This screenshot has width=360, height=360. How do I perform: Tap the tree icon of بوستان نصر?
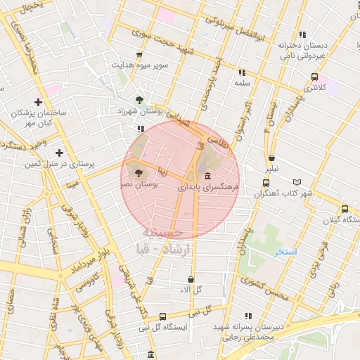pos(137,172)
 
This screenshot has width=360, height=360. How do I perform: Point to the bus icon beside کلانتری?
pos(314,77)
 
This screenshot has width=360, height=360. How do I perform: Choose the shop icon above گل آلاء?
pos(191,279)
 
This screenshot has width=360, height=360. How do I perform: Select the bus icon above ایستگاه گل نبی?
pos(163,317)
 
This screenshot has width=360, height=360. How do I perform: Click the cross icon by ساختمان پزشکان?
pos(38,103)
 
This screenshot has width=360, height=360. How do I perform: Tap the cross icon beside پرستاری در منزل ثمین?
pos(59,152)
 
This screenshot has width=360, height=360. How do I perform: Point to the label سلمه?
pos(243,83)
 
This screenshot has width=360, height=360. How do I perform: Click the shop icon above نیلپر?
pos(271,158)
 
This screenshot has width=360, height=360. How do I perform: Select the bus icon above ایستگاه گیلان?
pos(345,210)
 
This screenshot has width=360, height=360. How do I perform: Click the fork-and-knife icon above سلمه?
pos(243,72)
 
